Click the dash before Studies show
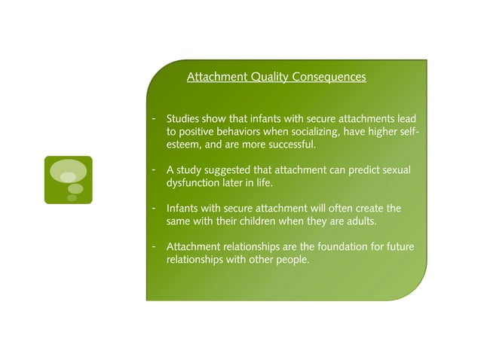(x=154, y=120)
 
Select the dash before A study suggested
(x=154, y=170)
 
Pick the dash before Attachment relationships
(x=154, y=246)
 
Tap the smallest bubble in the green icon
(x=72, y=198)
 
